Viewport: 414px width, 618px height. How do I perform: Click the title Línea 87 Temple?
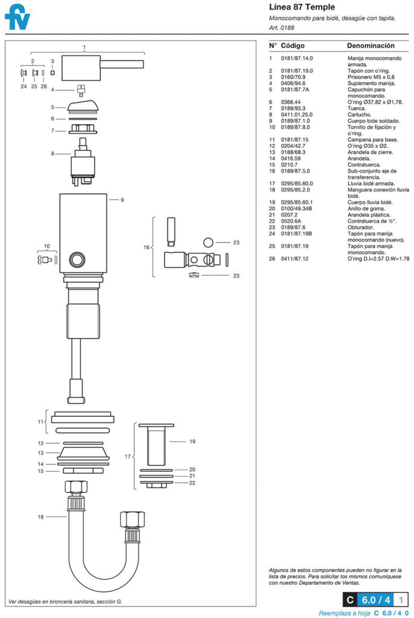302,7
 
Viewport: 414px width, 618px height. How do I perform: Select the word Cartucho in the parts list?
359,115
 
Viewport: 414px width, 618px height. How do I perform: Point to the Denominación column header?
370,46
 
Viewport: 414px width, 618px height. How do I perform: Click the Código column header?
293,46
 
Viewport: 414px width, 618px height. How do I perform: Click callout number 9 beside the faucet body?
121,199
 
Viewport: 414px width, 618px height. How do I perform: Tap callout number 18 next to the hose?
41,517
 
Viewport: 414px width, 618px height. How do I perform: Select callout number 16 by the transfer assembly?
146,247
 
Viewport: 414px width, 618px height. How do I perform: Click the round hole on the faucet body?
77,260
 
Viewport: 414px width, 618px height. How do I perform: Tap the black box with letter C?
349,600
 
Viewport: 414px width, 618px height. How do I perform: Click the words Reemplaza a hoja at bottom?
344,613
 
